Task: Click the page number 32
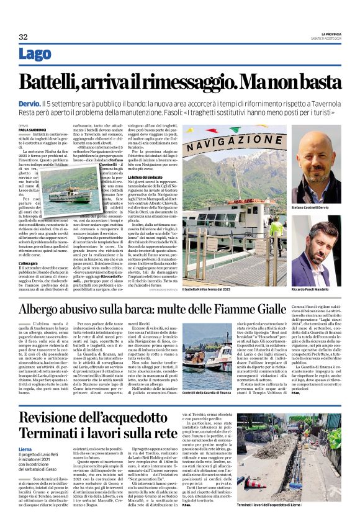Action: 24,37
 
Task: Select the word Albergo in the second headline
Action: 43,309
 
